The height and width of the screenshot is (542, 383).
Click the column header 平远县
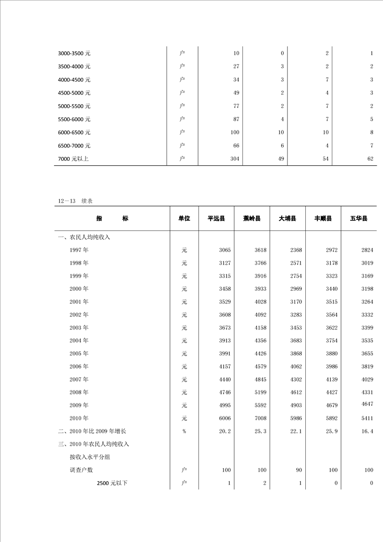coord(216,219)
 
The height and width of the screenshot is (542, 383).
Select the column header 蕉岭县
coord(252,219)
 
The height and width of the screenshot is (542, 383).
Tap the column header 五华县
coord(359,219)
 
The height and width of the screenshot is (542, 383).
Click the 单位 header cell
coord(184,219)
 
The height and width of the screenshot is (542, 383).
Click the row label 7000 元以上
coord(73,158)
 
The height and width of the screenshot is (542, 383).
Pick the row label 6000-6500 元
coord(74,132)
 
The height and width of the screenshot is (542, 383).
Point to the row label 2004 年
coord(79,341)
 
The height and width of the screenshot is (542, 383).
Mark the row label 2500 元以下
coord(112,483)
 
